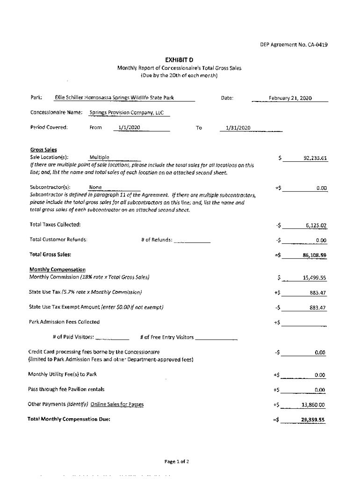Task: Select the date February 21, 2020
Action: tap(290, 98)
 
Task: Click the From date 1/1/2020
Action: tap(126, 128)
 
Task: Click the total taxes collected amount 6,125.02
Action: tap(316, 225)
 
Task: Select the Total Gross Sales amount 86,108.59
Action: tap(314, 255)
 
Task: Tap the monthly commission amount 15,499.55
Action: tap(314, 278)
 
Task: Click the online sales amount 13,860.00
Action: tap(313, 405)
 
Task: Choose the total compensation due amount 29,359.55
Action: tap(313, 420)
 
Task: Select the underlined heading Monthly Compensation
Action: tap(58, 269)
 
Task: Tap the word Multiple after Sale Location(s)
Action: tap(99, 157)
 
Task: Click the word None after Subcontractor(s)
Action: tap(95, 187)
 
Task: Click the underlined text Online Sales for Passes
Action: tap(117, 405)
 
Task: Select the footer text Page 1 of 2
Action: tap(177, 462)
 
